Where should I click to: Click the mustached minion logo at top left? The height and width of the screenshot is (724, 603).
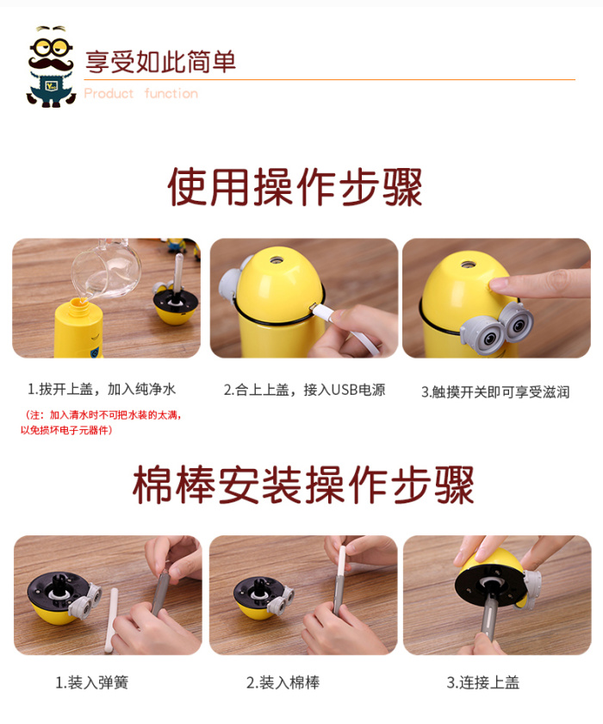[50, 67]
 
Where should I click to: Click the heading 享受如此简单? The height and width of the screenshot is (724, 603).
[160, 62]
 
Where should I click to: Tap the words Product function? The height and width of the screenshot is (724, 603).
[141, 93]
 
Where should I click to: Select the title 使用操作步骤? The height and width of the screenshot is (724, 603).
[295, 187]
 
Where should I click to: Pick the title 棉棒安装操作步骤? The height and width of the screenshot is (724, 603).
[303, 484]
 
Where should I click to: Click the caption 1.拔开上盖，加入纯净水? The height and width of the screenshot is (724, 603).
[102, 390]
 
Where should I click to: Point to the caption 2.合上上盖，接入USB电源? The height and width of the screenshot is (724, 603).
[304, 390]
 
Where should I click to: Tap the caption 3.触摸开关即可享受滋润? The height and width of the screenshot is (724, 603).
[495, 392]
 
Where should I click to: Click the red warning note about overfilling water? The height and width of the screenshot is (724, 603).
[102, 422]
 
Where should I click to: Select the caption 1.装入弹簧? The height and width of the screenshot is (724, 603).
[92, 682]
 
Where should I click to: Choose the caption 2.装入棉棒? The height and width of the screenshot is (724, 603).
[283, 682]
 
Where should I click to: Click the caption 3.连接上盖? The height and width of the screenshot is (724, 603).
[483, 682]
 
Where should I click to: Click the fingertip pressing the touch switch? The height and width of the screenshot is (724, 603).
[501, 283]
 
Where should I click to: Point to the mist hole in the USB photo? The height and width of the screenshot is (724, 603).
[277, 260]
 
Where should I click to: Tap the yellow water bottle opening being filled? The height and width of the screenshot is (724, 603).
[78, 303]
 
